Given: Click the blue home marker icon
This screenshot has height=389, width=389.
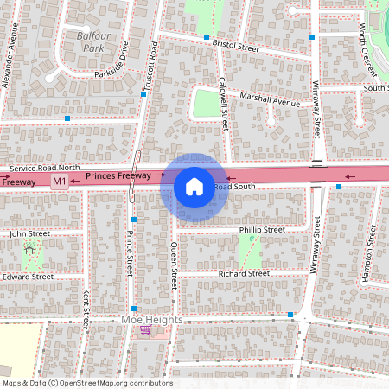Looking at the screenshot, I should coord(194,186).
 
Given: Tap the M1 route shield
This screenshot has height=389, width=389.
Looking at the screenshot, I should coord(60,181).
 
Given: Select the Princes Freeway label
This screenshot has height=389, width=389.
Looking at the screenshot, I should coord(118,176).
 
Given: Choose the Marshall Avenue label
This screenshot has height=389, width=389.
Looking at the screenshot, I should coord(270,100).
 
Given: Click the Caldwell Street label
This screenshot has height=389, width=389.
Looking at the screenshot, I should coord(224,105).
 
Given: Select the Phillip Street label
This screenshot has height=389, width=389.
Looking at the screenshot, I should coord(262,230).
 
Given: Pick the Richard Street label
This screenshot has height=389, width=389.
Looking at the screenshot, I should coord(244,273).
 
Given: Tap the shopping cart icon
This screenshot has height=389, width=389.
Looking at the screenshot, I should coord(146,331).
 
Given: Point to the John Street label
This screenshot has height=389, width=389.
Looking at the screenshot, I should coord(30,233).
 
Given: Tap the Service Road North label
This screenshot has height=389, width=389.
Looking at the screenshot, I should coord(45,168).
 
